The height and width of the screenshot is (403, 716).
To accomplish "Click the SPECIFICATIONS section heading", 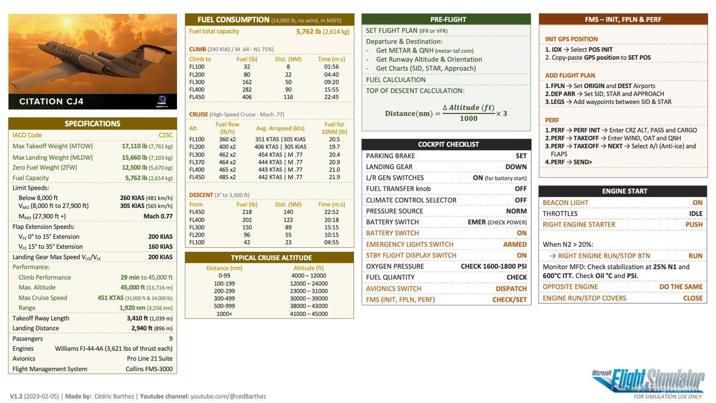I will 93,123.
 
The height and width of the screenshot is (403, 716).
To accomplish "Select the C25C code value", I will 165,135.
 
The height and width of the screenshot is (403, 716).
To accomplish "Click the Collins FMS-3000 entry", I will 149,369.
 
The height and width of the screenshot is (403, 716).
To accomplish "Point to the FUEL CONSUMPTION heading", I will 233,20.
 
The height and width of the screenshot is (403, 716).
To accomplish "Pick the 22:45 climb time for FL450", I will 331,97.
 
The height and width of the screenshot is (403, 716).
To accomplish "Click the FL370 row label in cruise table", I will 197,162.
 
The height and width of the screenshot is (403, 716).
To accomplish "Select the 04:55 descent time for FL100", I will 331,242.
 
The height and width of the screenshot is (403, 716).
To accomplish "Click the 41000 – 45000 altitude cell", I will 308,314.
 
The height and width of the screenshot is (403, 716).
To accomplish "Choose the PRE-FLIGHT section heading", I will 448,19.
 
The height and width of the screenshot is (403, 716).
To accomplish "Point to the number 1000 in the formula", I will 468,118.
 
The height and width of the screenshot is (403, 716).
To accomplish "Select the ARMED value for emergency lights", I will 514,244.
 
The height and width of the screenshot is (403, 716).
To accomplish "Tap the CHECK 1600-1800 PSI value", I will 494,266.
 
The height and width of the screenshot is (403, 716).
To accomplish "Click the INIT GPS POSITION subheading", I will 571,39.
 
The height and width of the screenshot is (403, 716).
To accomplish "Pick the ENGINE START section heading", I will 624,191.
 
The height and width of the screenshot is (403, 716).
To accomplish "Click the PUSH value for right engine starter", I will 694,224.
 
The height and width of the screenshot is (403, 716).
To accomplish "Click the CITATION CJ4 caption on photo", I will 51,101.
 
